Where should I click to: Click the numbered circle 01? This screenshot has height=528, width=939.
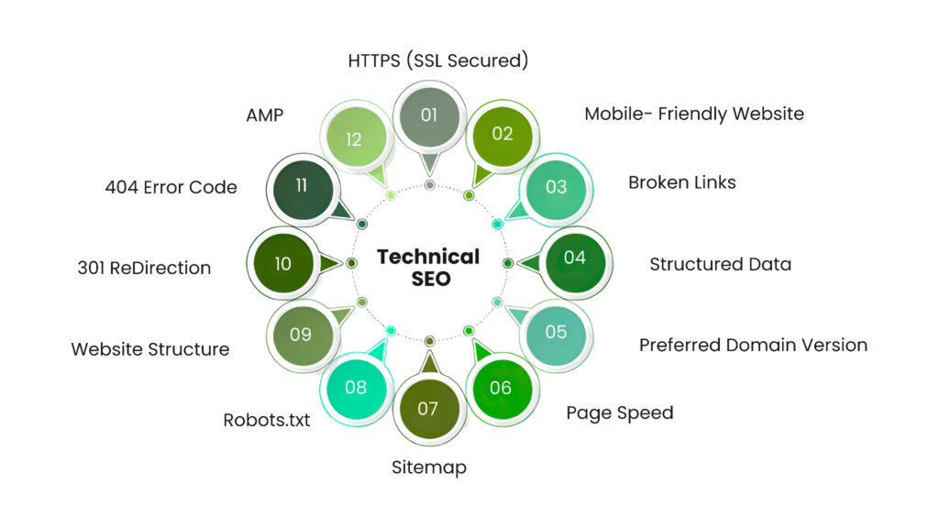[428, 115]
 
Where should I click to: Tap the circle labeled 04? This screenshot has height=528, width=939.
[575, 258]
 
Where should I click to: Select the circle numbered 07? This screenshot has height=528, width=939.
[428, 408]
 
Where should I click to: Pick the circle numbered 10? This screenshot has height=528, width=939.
[282, 263]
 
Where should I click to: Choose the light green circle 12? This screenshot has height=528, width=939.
[355, 138]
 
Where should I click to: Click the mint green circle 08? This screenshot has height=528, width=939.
[356, 387]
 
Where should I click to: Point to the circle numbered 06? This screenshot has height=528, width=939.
[501, 388]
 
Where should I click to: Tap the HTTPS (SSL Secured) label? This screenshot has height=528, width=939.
[437, 61]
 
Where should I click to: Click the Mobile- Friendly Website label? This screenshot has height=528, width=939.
[694, 114]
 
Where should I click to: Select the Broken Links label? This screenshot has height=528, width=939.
[682, 182]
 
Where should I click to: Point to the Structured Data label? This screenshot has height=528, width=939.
[721, 265]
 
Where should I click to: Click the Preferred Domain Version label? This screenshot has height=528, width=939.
[753, 346]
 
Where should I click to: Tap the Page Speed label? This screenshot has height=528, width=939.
[619, 412]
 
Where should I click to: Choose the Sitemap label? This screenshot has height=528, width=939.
[429, 467]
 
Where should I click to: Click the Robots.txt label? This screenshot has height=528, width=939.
[268, 421]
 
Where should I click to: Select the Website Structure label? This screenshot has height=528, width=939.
[150, 349]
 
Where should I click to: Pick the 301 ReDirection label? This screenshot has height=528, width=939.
[145, 269]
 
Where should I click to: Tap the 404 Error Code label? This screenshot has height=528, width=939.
[171, 188]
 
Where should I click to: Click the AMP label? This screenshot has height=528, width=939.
[265, 116]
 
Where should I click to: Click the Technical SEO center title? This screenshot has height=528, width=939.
[429, 267]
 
